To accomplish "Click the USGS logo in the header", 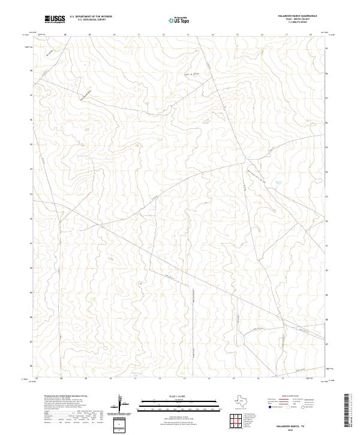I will pos(55,19).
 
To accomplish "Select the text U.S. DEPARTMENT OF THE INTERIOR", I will pos(91,17).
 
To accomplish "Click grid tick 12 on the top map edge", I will pos(163,35).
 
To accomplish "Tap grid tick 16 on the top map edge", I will pos(262,35).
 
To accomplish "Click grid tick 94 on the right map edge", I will pos(326,172).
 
